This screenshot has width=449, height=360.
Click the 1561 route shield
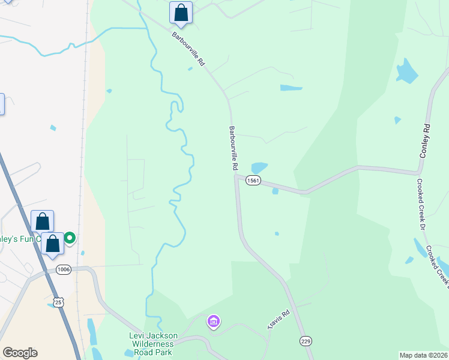click(253, 181)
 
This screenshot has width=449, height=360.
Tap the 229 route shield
click(306, 341)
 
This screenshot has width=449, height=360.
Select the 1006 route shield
click(63, 269)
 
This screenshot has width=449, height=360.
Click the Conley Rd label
click(426, 142)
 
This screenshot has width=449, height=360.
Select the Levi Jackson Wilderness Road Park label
click(151, 344)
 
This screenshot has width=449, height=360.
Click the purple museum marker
click(213, 322)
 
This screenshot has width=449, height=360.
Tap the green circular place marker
click(70, 238)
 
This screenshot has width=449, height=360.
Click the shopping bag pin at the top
click(181, 12)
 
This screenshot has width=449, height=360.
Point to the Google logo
click(20, 353)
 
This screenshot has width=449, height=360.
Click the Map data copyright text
click(423, 355)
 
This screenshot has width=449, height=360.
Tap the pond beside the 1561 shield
click(259, 168)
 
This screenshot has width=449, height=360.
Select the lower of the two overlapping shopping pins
click(53, 244)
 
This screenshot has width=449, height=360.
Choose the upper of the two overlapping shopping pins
click(42, 221)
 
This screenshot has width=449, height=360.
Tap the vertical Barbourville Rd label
click(233, 148)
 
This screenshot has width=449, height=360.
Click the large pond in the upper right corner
click(407, 72)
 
